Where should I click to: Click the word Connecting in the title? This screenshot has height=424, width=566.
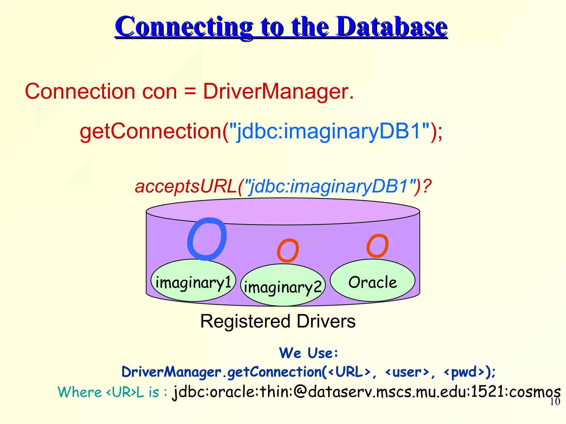click(x=184, y=27)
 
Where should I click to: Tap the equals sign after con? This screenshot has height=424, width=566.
click(x=190, y=92)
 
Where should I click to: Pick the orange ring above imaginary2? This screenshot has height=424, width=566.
click(x=288, y=250)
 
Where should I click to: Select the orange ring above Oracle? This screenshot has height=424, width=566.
click(x=377, y=246)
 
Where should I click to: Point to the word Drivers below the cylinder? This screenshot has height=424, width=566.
click(x=326, y=322)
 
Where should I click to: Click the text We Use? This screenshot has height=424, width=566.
click(x=308, y=353)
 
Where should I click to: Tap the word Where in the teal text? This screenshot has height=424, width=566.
click(x=80, y=392)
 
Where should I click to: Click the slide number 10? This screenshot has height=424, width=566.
click(x=555, y=402)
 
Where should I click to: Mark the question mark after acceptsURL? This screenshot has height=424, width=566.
click(x=427, y=186)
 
